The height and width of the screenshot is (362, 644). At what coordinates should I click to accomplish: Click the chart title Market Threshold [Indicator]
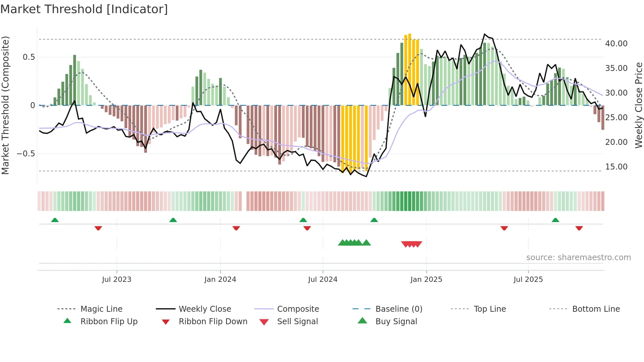pos(84,9)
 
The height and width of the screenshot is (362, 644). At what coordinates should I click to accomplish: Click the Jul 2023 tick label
pos(117,280)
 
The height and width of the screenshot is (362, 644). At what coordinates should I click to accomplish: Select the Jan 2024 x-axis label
pos(220,280)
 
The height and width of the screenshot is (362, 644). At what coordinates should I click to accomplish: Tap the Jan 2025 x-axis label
pos(426,280)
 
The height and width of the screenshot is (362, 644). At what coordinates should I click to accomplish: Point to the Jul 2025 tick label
pos(528,280)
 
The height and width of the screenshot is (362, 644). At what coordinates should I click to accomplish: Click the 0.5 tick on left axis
pos(29,57)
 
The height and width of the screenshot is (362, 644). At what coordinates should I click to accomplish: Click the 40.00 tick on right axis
pos(616,44)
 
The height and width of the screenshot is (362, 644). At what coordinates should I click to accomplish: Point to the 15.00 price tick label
pos(616,167)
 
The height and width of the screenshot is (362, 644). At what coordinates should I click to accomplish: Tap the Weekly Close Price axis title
pos(638,105)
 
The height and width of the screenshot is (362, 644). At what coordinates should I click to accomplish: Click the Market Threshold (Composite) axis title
pos(5,105)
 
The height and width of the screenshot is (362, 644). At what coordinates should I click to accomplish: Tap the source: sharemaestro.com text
pos(578,258)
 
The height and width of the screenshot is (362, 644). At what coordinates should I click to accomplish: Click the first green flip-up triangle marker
pos(55,220)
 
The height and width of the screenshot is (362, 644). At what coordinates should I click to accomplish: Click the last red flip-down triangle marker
pos(579,228)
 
